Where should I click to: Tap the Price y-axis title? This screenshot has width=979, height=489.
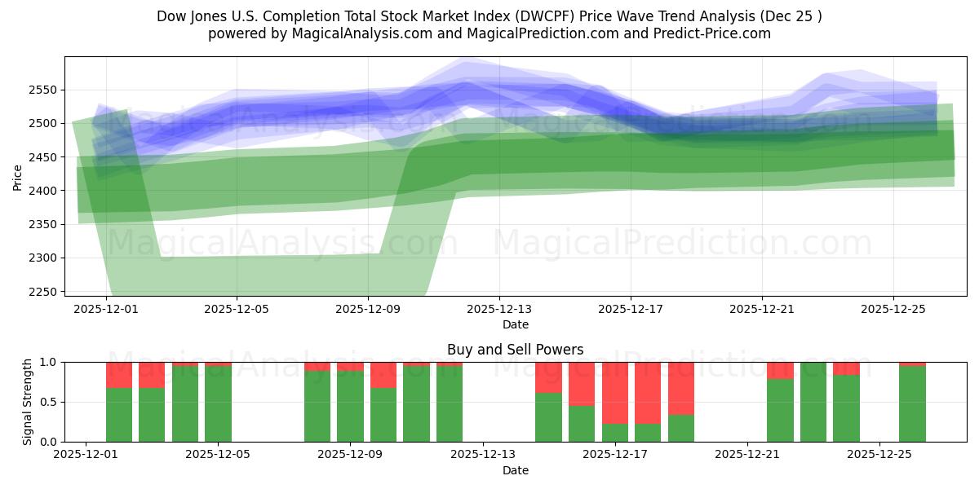(x=18, y=176)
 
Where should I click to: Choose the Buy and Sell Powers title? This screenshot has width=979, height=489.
(x=515, y=350)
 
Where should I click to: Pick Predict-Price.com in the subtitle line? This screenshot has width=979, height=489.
(x=712, y=33)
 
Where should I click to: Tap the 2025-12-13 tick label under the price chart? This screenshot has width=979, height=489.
(x=499, y=309)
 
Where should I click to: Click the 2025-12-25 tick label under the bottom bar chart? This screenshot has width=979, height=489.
(x=879, y=454)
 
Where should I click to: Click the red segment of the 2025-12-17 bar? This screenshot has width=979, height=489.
(x=615, y=392)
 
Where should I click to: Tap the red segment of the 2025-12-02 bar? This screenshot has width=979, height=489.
(x=119, y=375)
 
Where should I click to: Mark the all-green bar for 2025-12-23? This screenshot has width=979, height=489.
(x=813, y=402)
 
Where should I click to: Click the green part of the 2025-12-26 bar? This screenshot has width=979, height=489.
(x=912, y=404)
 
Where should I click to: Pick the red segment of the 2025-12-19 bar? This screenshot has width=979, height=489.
(x=681, y=388)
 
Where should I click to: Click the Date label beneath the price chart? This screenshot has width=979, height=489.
(x=515, y=324)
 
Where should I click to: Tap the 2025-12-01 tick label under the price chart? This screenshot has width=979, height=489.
(x=105, y=309)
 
